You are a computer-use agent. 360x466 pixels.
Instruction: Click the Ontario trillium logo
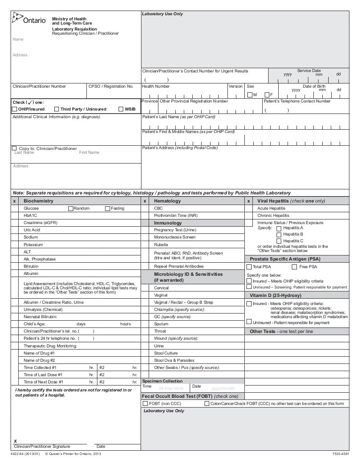click(x=17, y=18)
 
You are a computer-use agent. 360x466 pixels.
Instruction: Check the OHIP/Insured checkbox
click(x=15, y=109)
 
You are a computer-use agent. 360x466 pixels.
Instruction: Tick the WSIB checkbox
click(x=121, y=109)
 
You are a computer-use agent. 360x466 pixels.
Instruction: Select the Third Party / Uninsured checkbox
click(x=57, y=109)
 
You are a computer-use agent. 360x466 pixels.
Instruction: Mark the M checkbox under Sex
click(x=249, y=94)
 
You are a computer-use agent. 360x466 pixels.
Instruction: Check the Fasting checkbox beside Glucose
click(x=108, y=208)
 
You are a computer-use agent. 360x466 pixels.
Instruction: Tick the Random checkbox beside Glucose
click(x=71, y=208)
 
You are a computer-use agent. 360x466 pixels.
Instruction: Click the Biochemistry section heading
click(x=39, y=201)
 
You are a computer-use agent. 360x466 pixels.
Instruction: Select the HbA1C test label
click(x=30, y=216)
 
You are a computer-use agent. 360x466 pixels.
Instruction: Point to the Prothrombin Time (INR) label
click(x=176, y=216)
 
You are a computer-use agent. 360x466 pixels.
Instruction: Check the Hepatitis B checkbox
click(x=279, y=234)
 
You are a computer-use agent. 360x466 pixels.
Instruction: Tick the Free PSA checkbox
click(x=294, y=267)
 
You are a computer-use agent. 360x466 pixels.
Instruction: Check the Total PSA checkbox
click(x=249, y=267)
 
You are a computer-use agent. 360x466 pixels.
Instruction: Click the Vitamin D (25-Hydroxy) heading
click(x=275, y=295)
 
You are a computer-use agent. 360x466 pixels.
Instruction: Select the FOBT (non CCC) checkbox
click(x=145, y=404)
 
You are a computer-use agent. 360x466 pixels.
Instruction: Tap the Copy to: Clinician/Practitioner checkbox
click(x=15, y=148)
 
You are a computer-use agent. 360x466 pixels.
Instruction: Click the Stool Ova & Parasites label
click(x=174, y=361)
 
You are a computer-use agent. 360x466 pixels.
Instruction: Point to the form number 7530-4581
click(x=341, y=454)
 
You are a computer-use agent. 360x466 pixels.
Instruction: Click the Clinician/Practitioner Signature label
click(x=42, y=447)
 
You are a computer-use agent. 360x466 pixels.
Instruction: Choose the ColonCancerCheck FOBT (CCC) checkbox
click(x=207, y=404)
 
